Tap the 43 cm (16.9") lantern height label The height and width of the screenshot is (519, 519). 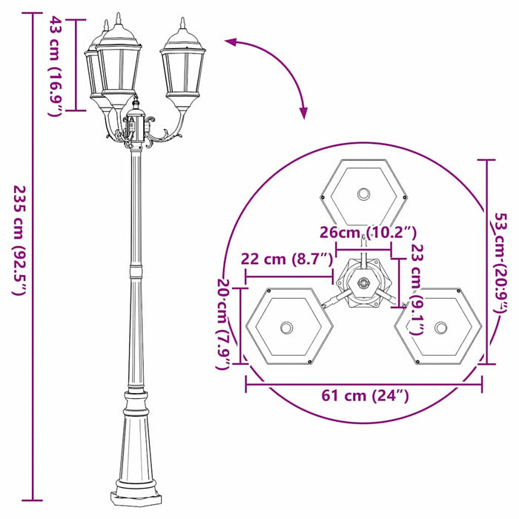54,67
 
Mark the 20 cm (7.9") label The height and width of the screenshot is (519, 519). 223,320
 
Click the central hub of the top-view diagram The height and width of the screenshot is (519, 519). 363,282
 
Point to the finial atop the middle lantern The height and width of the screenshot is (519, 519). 118,19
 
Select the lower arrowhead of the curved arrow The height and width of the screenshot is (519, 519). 303,113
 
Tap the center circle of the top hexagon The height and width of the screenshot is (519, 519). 363,194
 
